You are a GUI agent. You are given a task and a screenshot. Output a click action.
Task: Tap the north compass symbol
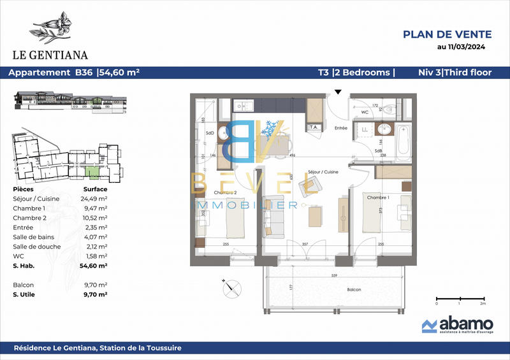(229, 288)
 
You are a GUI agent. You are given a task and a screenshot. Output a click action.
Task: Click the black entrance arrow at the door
(338, 92)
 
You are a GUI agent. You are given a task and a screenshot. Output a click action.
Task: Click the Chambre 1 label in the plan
(377, 198)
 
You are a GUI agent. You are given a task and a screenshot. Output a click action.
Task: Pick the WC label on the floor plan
(365, 113)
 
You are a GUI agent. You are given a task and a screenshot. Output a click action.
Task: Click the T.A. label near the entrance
(313, 127)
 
